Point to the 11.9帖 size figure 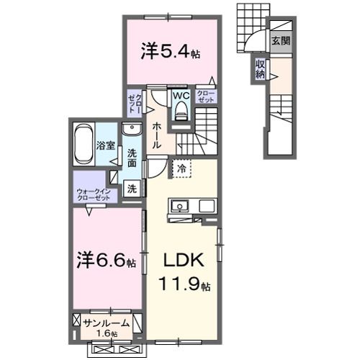point(184,285)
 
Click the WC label point(180,94)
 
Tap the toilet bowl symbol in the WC point(180,110)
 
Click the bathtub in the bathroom point(84,143)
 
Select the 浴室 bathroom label point(106,145)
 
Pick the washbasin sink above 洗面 point(132,130)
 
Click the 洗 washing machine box point(132,189)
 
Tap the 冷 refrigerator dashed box point(181,168)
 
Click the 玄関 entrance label point(281,41)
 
